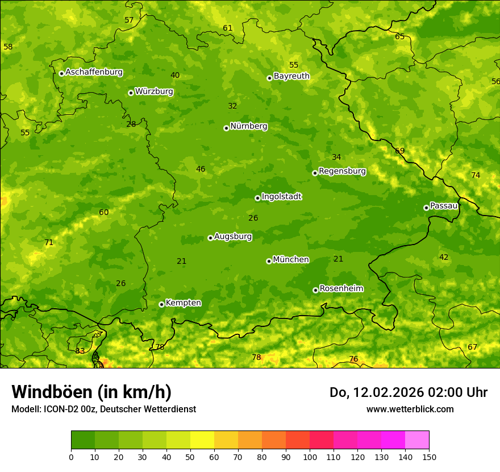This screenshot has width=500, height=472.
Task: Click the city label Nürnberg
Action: point(248,126)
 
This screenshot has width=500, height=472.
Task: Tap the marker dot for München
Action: point(269,261)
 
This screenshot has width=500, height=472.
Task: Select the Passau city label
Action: point(444,206)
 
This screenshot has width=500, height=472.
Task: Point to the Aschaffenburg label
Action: point(94,72)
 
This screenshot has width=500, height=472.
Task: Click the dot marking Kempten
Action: point(161,304)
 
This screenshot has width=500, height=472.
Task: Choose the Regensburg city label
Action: point(342,171)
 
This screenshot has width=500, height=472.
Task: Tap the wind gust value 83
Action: point(80,351)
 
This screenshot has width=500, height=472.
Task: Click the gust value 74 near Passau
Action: point(476,175)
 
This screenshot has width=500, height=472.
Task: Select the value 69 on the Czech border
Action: point(400,151)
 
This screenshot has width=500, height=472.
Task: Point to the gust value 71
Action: point(49,242)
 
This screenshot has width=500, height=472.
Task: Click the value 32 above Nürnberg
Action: point(232,106)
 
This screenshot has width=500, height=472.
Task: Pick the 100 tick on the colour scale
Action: point(310,457)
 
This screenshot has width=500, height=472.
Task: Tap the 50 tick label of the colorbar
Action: point(190,457)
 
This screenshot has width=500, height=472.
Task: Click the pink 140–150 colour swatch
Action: point(417,440)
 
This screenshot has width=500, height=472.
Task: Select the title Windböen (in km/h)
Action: point(91,392)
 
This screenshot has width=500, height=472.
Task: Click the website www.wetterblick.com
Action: point(410,409)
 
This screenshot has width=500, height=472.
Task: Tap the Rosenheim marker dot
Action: point(315,290)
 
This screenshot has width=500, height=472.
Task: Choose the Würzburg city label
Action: point(154,92)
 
